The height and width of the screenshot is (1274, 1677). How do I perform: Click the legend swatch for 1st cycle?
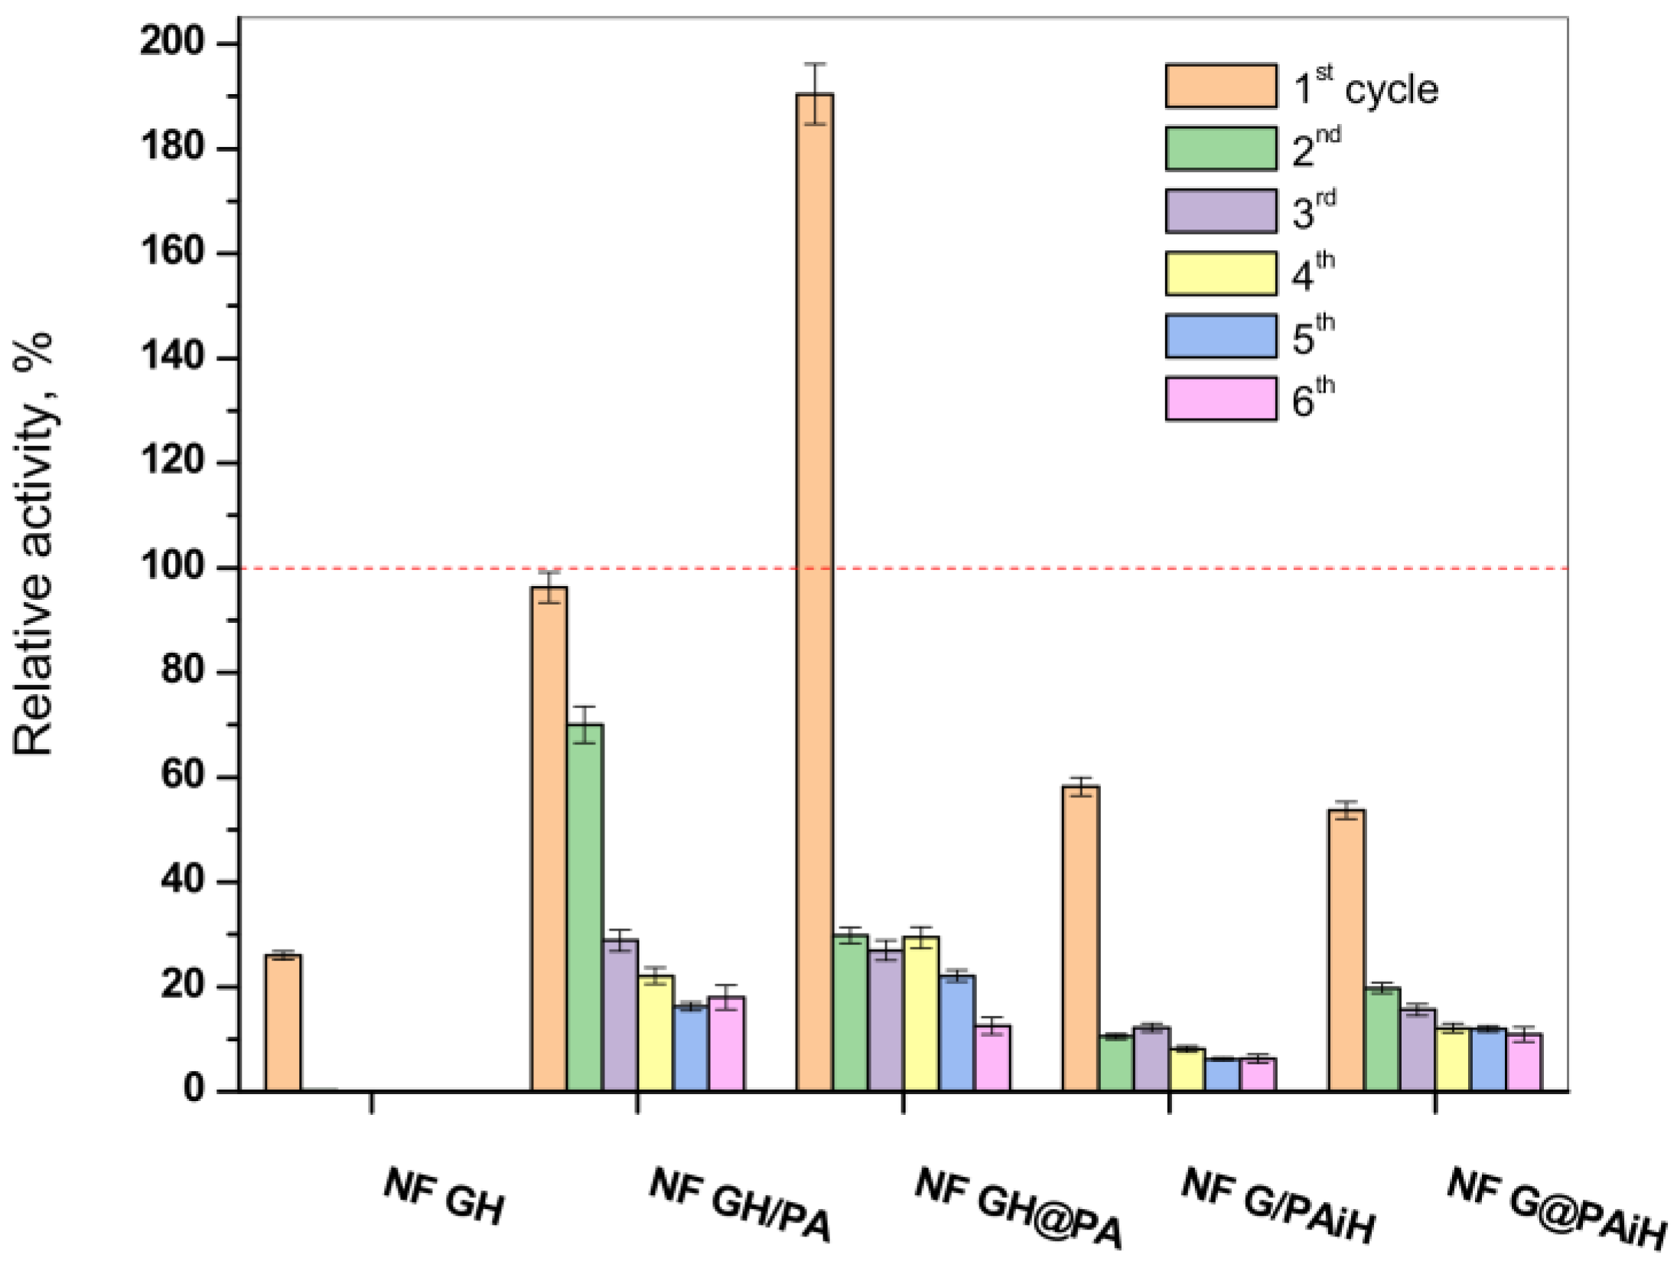1220,86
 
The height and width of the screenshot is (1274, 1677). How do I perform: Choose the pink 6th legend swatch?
1220,399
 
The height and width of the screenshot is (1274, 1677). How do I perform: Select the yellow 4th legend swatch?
1220,273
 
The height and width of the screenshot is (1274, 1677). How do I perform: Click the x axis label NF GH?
444,1195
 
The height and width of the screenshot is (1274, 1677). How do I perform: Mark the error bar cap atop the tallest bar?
814,64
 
